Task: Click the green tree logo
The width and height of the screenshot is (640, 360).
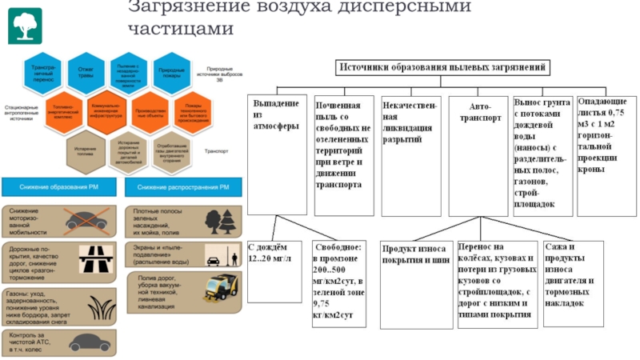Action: coord(25,25)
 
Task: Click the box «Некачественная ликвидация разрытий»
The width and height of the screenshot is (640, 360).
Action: coord(409,152)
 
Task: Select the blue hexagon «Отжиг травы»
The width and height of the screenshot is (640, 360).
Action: coord(86,71)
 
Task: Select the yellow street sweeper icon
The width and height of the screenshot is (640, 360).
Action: coord(222,289)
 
